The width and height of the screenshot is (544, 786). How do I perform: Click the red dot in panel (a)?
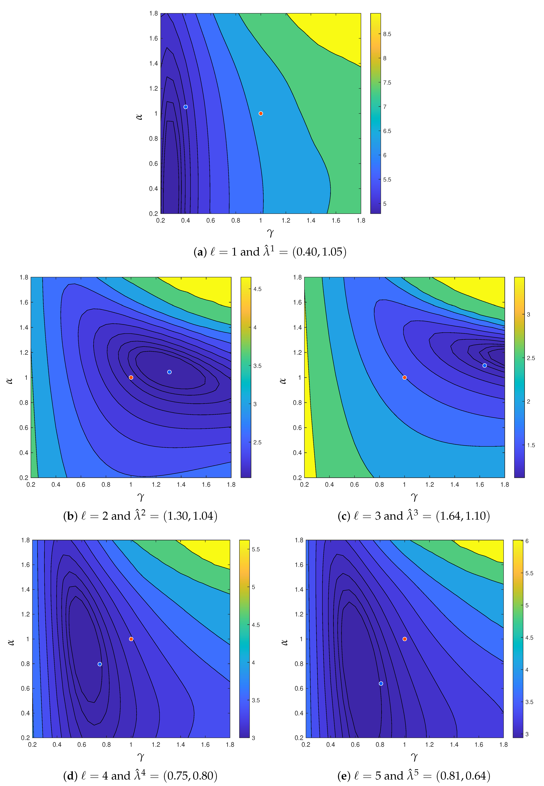pyautogui.click(x=261, y=114)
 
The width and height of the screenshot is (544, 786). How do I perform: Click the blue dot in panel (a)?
pyautogui.click(x=185, y=107)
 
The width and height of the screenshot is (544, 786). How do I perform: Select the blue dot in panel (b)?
pyautogui.click(x=169, y=372)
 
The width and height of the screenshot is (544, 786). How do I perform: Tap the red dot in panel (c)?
pyautogui.click(x=405, y=378)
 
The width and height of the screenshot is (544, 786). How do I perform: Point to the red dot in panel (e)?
pyautogui.click(x=405, y=639)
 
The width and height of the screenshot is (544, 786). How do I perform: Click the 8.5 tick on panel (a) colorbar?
pyautogui.click(x=387, y=34)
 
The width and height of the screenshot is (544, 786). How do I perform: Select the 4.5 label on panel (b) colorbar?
pyautogui.click(x=257, y=289)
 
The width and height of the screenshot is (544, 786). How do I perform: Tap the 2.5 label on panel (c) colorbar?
pyautogui.click(x=531, y=358)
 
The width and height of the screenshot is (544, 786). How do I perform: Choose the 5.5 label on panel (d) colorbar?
pyautogui.click(x=256, y=549)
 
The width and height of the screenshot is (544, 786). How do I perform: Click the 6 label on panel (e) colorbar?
pyautogui.click(x=527, y=541)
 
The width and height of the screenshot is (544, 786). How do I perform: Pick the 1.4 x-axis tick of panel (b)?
pyautogui.click(x=181, y=485)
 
